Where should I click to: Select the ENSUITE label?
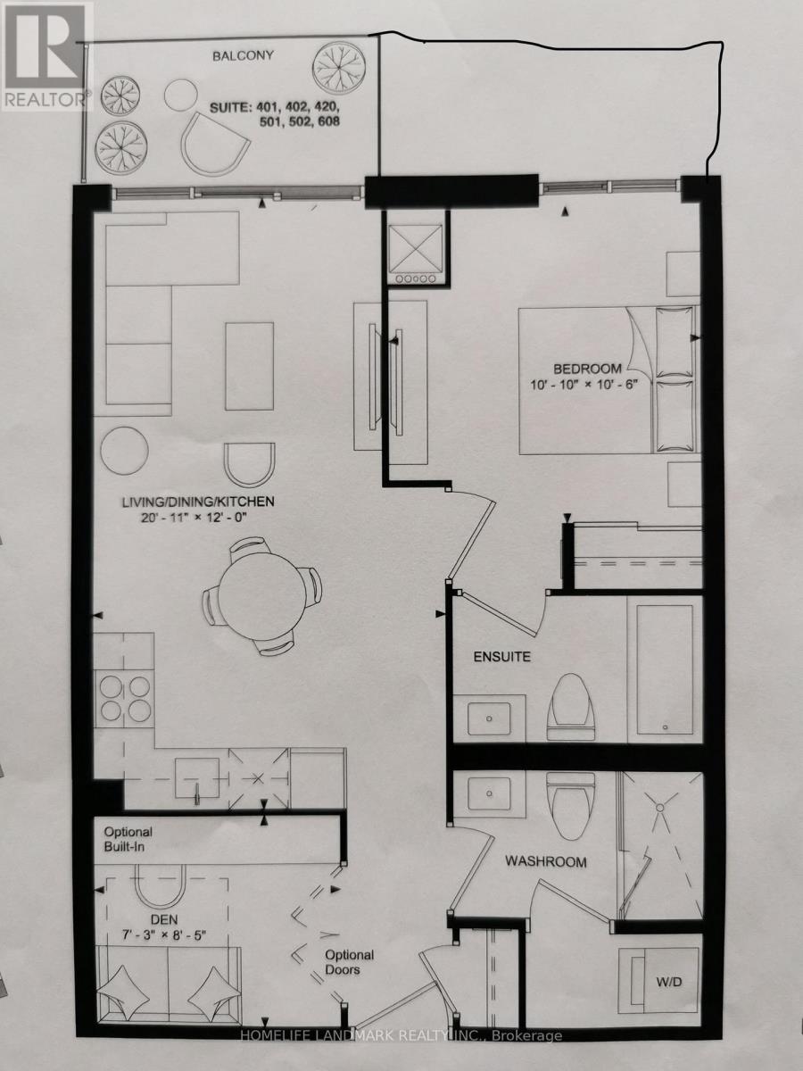pyautogui.click(x=501, y=657)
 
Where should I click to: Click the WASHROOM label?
pyautogui.click(x=546, y=862)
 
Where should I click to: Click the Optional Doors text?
pyautogui.click(x=349, y=962)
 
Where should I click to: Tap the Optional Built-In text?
pyautogui.click(x=128, y=840)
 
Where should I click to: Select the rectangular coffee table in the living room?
pyautogui.click(x=249, y=367)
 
